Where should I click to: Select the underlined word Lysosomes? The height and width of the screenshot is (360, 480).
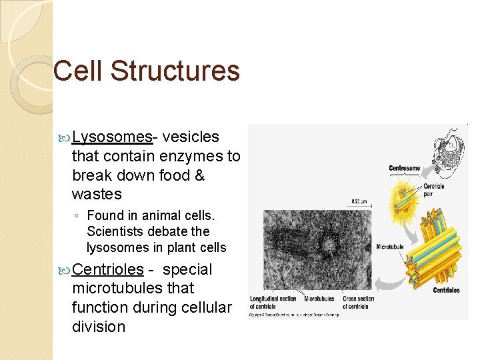pos(112,137)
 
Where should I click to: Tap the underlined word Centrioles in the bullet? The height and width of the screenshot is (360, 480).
pos(108,270)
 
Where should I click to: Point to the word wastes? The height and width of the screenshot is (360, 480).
pos(97,195)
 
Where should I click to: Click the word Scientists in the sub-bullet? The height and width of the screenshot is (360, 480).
pos(115,232)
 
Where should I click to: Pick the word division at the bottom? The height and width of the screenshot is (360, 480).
pos(99,327)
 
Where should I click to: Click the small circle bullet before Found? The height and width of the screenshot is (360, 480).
pos(78,216)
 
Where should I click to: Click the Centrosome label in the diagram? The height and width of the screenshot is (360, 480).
pos(404,168)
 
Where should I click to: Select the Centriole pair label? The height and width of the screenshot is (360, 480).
pos(433,190)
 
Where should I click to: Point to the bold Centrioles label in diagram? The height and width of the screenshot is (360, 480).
pos(447,291)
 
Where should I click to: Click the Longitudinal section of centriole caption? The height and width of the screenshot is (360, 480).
pos(273,302)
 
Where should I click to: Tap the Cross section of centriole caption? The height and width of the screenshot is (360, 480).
pos(358,302)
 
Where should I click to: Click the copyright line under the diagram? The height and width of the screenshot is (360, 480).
pos(293,315)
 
